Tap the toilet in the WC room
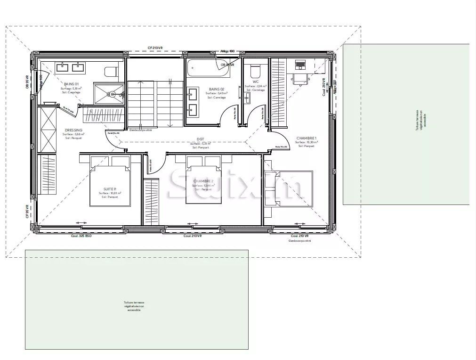click(255, 71)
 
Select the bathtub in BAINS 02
click(209, 69)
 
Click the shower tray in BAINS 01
click(109, 94)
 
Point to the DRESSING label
click(73, 130)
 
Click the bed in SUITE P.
click(110, 185)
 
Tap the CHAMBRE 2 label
click(203, 181)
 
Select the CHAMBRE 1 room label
click(306, 138)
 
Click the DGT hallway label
click(200, 139)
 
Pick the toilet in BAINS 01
click(111, 72)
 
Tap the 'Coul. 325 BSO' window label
click(81, 236)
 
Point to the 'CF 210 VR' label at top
click(155, 48)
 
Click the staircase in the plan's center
click(155, 104)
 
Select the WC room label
click(256, 82)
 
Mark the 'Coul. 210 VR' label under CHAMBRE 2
click(193, 236)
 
